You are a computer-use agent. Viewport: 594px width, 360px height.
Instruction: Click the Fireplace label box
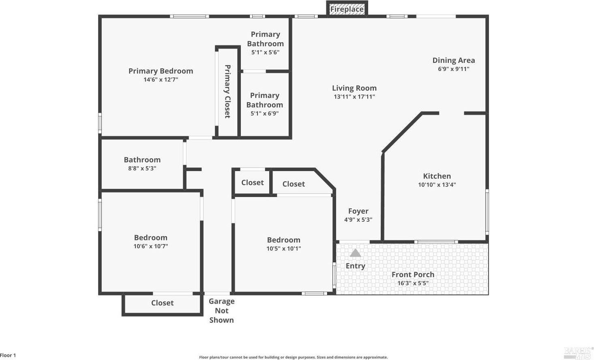coord(347,9)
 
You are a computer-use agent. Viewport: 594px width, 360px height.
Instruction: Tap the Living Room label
coord(354,88)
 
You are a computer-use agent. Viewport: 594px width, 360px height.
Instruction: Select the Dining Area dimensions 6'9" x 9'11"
coord(453,69)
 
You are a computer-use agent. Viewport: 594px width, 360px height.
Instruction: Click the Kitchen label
coord(437,176)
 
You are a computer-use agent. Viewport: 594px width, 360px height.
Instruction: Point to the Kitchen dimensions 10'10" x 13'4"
coord(437,185)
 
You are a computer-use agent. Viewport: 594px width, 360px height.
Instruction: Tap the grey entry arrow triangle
coord(355,253)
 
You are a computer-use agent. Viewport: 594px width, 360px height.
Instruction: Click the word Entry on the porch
coord(355,266)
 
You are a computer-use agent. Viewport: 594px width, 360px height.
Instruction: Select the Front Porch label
coord(413,274)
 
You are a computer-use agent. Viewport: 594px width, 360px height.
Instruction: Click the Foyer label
coord(358,211)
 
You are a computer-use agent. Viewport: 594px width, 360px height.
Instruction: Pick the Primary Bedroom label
coord(161,71)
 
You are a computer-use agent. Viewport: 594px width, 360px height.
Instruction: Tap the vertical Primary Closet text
coord(227,91)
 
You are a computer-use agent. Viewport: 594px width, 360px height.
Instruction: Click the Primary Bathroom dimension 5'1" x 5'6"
coord(265,52)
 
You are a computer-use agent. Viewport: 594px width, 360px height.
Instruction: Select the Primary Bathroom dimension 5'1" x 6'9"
coord(264,114)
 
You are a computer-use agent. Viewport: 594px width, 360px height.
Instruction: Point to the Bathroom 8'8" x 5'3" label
coord(142,163)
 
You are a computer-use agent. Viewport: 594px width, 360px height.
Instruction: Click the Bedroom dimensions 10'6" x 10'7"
coord(150,246)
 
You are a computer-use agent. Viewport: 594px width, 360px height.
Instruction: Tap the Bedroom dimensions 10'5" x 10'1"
coord(283,249)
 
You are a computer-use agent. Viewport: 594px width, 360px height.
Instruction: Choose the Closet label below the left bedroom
coord(162,303)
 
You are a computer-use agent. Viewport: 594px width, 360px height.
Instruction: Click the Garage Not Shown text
coord(221,311)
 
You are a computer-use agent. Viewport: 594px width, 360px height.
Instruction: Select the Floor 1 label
coord(8,356)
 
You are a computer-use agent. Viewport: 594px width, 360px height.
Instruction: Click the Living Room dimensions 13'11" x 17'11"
coord(354,97)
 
